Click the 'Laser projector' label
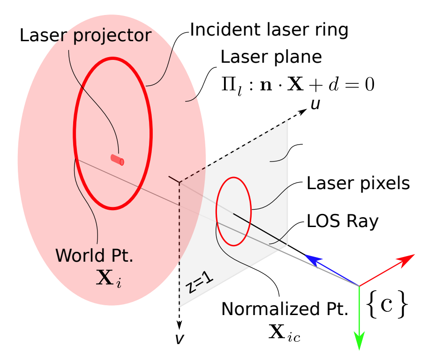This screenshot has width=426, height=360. (x=85, y=36)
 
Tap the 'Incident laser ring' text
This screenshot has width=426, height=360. (x=269, y=30)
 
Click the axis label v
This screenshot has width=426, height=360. (x=179, y=339)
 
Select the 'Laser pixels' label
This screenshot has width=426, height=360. (x=358, y=184)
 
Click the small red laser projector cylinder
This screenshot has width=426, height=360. (x=117, y=159)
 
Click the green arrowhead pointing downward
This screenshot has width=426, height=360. (x=359, y=341)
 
